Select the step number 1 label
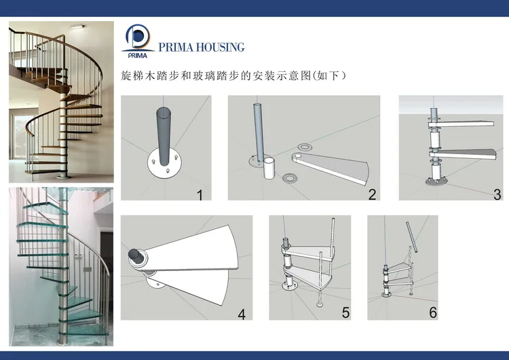pyautogui.click(x=200, y=195)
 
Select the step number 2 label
pyautogui.click(x=372, y=195)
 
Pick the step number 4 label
pyautogui.click(x=241, y=313)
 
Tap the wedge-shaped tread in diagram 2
pyautogui.click(x=333, y=166)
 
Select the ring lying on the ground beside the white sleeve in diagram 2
pyautogui.click(x=291, y=179)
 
